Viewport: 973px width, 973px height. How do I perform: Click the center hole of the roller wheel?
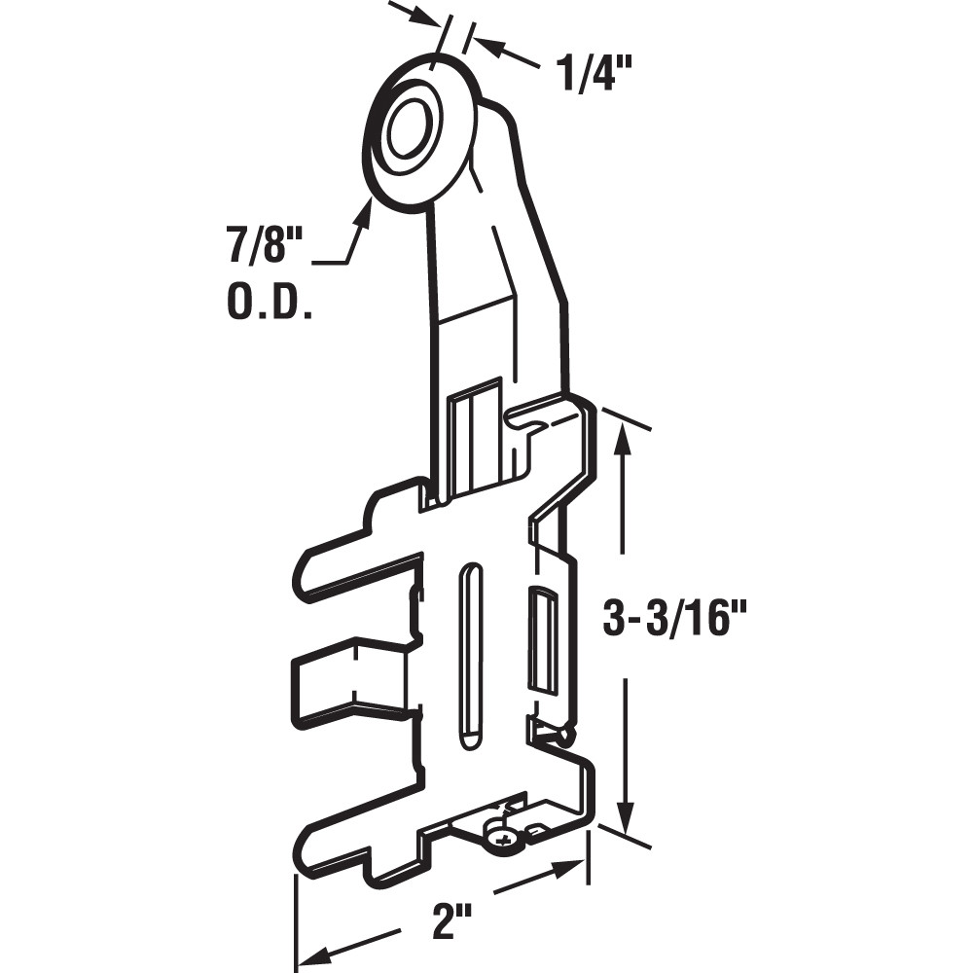406,130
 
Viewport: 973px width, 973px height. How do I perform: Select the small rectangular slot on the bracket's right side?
542,636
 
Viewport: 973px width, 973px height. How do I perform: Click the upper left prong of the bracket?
350,569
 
